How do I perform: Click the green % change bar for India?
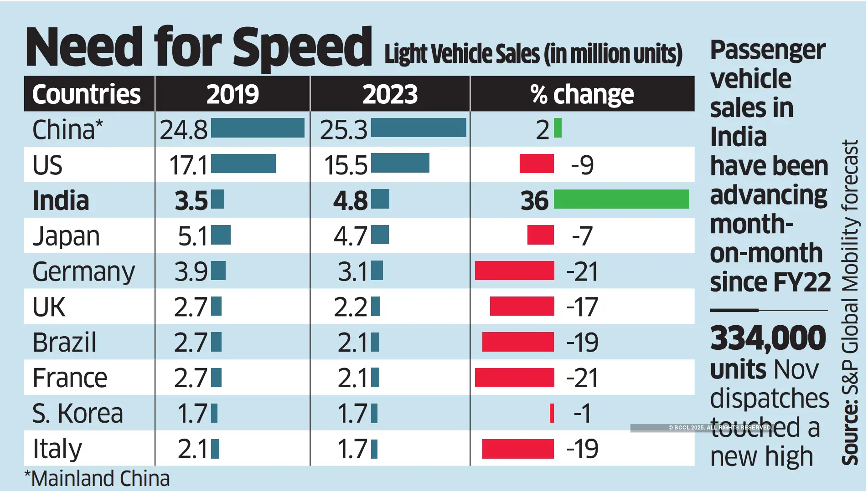pyautogui.click(x=621, y=199)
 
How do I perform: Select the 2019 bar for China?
pyautogui.click(x=258, y=128)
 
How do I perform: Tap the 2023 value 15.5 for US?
pyautogui.click(x=345, y=165)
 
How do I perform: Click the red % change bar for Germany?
pyautogui.click(x=514, y=271)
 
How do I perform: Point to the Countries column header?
pyautogui.click(x=87, y=94)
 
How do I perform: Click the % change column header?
pyautogui.click(x=582, y=94)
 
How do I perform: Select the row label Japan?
pyautogui.click(x=66, y=236)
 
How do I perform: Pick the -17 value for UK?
pyautogui.click(x=582, y=307)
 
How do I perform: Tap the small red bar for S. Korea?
pyautogui.click(x=552, y=413)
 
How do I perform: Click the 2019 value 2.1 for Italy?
pyautogui.click(x=192, y=449)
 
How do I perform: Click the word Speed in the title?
pyautogui.click(x=302, y=47)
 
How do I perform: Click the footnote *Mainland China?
pyautogui.click(x=97, y=479)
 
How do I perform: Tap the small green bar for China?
pyautogui.click(x=558, y=128)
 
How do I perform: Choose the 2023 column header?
pyautogui.click(x=390, y=94)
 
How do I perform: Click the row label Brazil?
pyautogui.click(x=64, y=342)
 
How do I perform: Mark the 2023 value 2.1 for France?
pyautogui.click(x=352, y=378)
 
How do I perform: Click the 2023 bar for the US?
pyautogui.click(x=400, y=164)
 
